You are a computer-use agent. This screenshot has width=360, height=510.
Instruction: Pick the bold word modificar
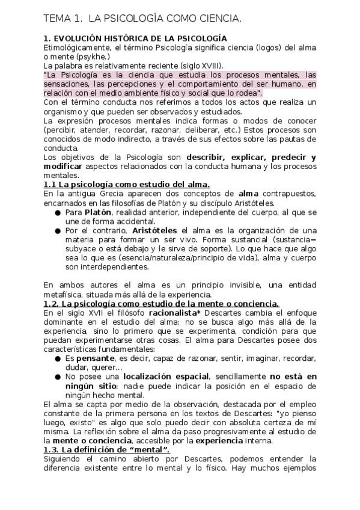coord(64,167)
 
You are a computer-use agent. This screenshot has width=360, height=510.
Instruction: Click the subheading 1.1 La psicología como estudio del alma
coord(126,185)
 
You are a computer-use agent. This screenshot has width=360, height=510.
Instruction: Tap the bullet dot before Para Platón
coord(57,213)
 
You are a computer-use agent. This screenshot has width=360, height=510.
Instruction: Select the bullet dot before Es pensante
coord(57,358)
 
